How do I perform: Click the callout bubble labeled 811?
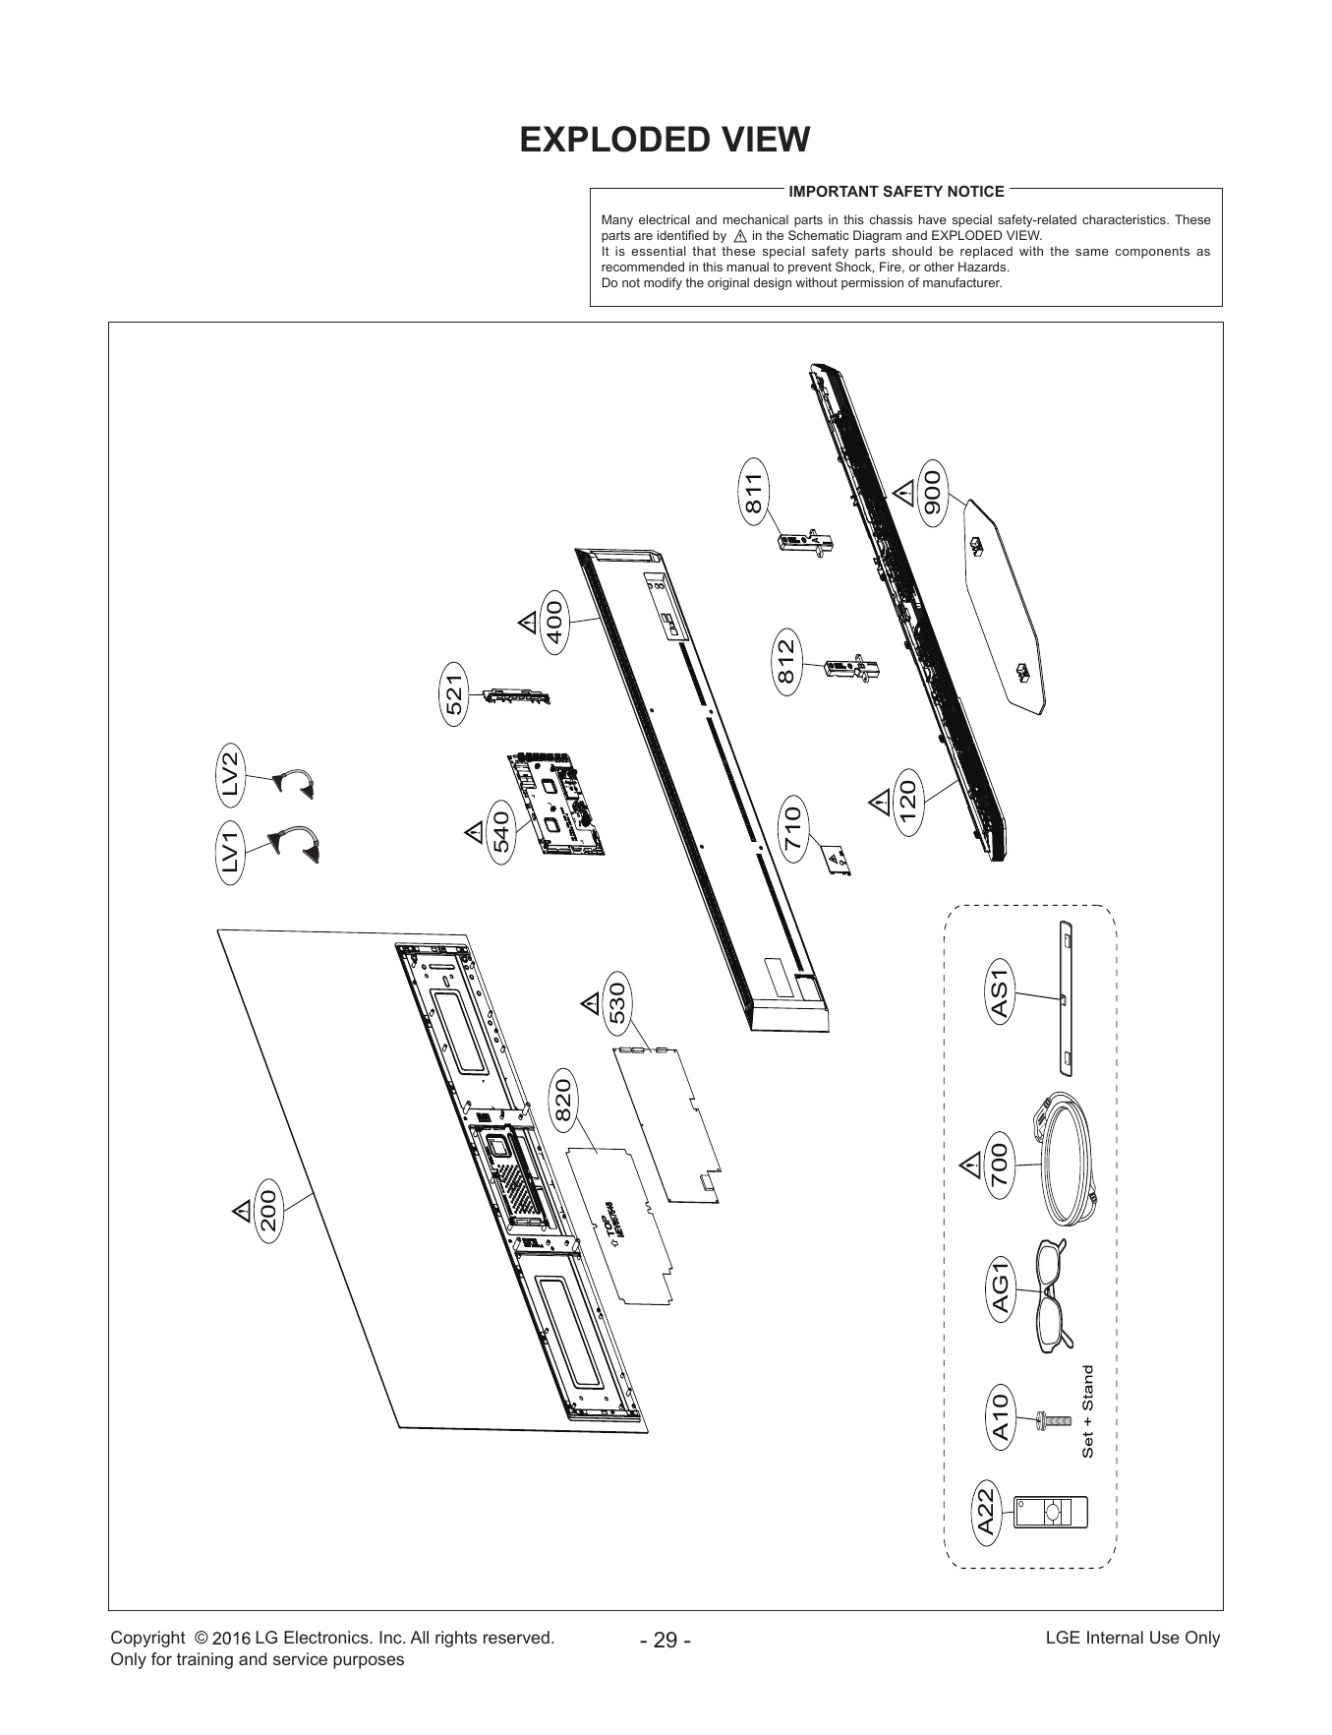tap(753, 493)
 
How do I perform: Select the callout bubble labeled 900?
tap(932, 493)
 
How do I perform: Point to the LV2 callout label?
tap(232, 773)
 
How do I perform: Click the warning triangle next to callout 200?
tap(241, 1209)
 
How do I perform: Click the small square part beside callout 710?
tap(835, 860)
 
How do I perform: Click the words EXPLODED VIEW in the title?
tap(666, 141)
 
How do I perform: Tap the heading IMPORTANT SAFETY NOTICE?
tap(897, 192)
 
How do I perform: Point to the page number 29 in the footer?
tap(666, 1641)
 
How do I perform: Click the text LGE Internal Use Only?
tap(1132, 1638)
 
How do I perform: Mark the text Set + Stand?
tap(1087, 1411)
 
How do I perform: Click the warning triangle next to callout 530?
tap(590, 1004)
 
